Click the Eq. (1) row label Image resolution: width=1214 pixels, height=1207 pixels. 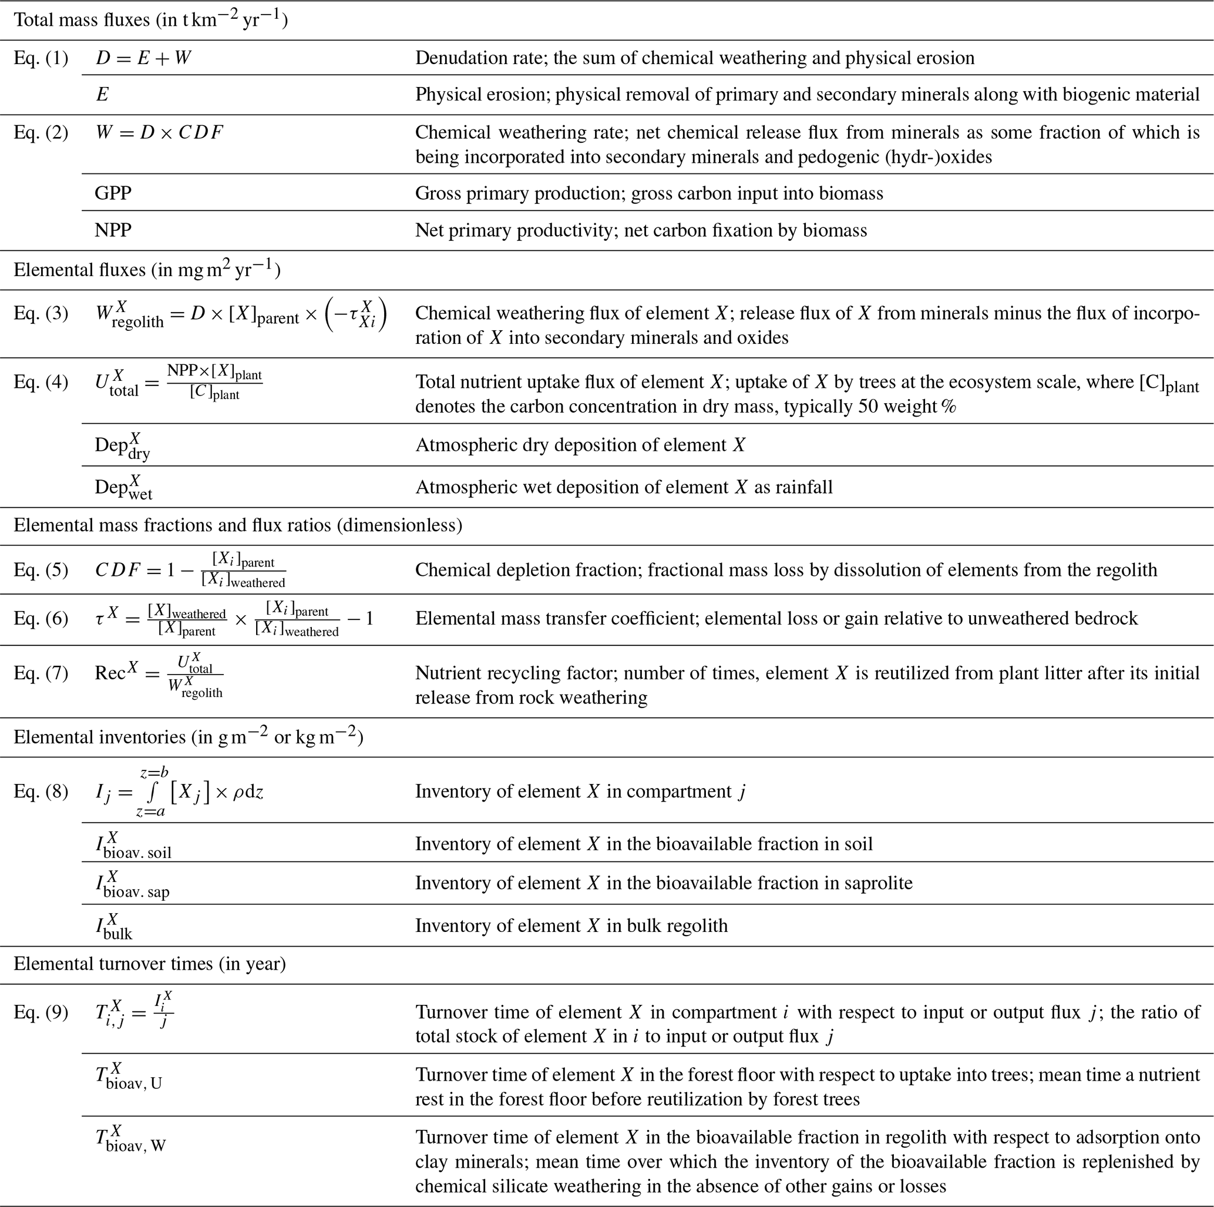41,58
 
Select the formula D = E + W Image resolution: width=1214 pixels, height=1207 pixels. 143,58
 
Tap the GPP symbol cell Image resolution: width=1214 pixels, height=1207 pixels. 113,193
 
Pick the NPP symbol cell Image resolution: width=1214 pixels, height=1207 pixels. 113,230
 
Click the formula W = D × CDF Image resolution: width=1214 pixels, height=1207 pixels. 159,133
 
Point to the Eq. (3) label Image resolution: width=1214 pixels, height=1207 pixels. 41,313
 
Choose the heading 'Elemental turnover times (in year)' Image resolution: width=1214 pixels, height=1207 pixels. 150,964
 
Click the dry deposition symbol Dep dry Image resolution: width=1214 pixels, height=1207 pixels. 123,445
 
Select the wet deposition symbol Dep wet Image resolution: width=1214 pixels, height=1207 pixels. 124,488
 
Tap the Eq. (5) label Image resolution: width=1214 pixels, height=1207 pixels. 41,569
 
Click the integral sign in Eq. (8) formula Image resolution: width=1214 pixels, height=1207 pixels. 151,792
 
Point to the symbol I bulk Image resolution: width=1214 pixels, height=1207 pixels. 115,927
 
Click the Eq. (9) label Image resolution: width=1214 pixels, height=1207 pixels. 41,1012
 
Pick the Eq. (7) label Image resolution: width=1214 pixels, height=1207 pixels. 41,673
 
